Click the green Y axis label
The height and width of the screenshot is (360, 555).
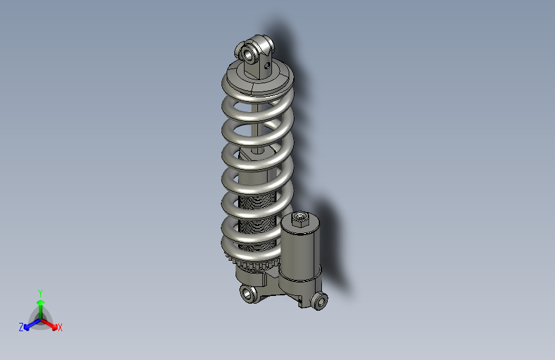[40, 291]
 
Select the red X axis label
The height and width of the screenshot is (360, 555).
[60, 328]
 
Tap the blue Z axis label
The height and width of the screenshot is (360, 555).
[21, 327]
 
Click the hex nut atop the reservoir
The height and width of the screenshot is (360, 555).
[299, 220]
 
